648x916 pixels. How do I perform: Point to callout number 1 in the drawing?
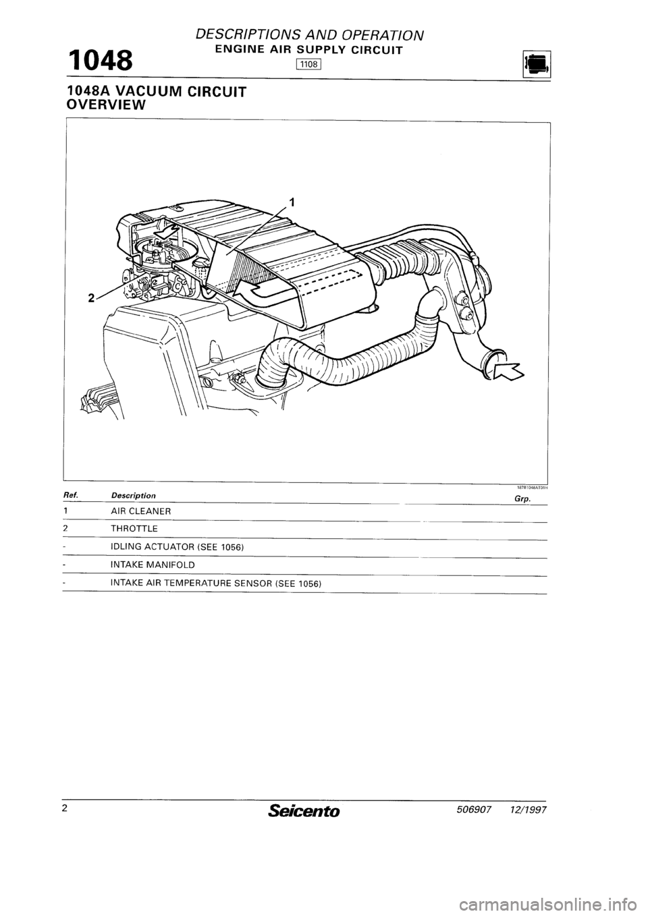[x=291, y=200]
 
